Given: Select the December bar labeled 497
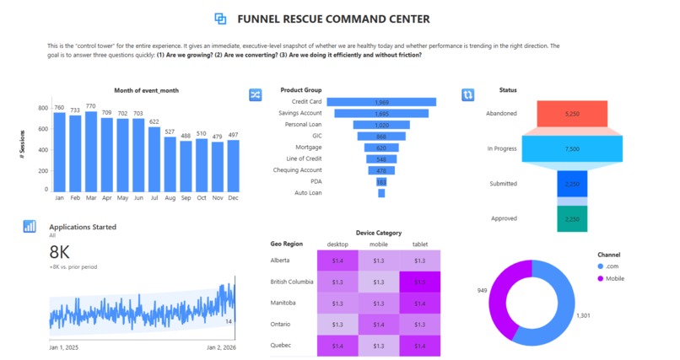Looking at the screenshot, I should (233, 165).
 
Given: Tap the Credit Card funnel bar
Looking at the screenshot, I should (381, 101).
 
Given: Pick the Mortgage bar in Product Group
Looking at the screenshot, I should (381, 147).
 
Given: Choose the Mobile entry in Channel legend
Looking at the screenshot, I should (613, 278).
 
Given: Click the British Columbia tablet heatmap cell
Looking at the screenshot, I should (419, 282).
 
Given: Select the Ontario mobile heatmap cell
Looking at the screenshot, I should (379, 324).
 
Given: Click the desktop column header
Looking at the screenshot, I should (337, 244).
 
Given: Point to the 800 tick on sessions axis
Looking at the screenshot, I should (43, 108).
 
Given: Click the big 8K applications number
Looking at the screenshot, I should (60, 251).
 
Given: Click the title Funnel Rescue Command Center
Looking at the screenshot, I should (333, 19).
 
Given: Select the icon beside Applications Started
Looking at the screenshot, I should (30, 226).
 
